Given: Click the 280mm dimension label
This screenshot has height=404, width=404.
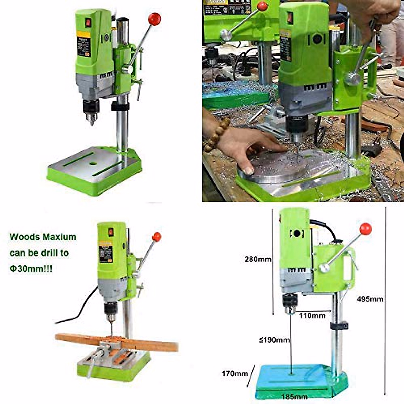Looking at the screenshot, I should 258,259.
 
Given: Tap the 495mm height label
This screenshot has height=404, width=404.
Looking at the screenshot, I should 370,299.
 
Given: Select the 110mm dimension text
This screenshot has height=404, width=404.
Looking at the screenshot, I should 312,316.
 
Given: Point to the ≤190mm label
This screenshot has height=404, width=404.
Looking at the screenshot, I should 274,340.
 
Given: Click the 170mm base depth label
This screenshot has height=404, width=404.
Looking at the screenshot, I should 235,373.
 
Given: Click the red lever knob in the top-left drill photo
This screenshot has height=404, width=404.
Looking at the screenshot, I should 155,19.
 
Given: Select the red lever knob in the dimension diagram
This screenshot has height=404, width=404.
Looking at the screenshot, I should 365,229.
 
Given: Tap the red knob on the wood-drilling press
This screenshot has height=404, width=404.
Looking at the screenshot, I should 157,237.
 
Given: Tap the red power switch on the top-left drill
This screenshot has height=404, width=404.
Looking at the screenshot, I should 88,23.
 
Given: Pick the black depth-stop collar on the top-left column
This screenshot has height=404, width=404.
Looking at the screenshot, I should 120,106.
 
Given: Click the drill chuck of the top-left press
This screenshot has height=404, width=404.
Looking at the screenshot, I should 91,113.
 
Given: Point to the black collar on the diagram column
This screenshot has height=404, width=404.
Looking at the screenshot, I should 339,326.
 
